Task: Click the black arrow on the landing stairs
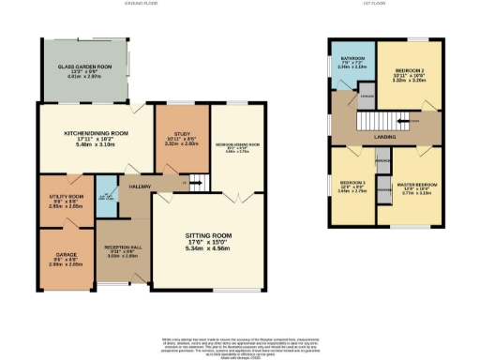(x=403, y=120)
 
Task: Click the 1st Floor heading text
(x=384, y=5)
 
